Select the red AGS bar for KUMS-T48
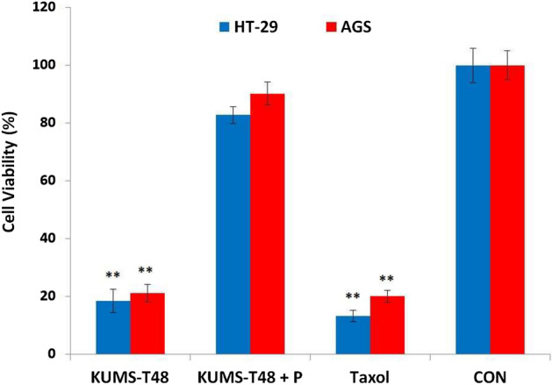[x=147, y=324]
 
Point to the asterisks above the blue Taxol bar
[x=352, y=296]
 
